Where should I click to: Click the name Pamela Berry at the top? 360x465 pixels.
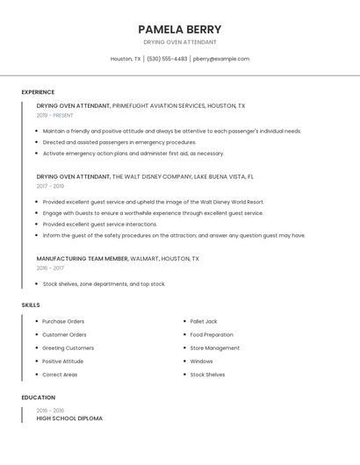click(x=179, y=29)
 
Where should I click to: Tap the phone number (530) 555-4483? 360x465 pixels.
click(x=166, y=59)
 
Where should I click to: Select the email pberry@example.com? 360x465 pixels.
click(x=221, y=59)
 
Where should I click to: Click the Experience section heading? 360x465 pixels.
click(x=38, y=92)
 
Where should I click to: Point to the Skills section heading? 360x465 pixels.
click(x=31, y=304)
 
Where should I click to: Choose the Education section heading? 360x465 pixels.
click(x=38, y=397)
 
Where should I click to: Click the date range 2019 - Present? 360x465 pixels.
click(x=54, y=115)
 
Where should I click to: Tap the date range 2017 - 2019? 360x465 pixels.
click(x=50, y=186)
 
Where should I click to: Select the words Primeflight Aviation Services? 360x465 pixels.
click(x=159, y=105)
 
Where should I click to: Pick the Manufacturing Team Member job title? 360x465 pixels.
click(x=83, y=259)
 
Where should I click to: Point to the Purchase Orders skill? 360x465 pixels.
click(x=63, y=321)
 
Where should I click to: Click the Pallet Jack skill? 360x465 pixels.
click(x=204, y=321)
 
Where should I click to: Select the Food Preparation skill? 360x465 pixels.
click(x=212, y=334)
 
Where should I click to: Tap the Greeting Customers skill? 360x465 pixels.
click(x=68, y=348)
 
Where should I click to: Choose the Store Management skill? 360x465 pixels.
click(x=214, y=348)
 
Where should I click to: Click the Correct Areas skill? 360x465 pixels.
click(x=60, y=375)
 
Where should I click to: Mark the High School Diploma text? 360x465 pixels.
click(x=69, y=418)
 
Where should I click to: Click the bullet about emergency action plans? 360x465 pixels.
click(x=133, y=153)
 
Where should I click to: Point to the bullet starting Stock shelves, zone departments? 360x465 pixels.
click(x=104, y=284)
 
